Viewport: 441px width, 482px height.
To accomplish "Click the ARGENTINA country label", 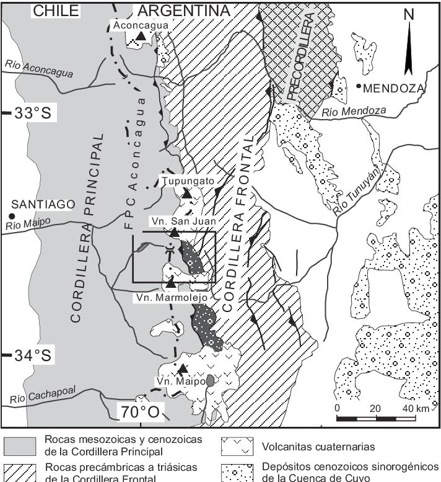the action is pos(183,11).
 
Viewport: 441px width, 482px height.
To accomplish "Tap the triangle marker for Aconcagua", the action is pos(141,37).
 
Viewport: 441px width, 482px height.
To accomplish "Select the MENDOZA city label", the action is pos(393,88).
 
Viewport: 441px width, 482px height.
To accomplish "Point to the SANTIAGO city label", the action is pos(40,205).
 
